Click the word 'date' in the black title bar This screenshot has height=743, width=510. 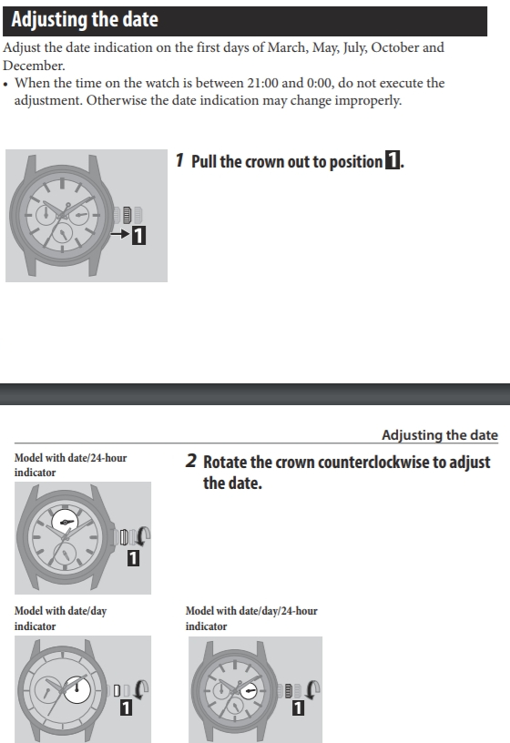point(140,19)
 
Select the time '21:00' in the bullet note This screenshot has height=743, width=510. point(262,83)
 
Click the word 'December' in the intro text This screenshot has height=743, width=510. point(34,66)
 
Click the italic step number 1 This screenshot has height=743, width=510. point(179,160)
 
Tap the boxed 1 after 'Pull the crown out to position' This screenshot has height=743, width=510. point(392,160)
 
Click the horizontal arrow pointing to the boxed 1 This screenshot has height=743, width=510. point(119,234)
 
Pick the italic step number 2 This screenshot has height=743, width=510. point(190,461)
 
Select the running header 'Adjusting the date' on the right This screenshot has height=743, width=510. point(440,435)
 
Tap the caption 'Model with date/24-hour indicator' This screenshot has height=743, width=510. point(71,465)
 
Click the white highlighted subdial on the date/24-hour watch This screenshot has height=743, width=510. point(65,522)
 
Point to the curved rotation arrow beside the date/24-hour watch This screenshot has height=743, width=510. point(144,536)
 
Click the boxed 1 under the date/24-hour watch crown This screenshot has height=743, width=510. point(133,558)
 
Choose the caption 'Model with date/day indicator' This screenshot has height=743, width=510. point(60,618)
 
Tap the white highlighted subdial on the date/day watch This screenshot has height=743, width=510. point(76,690)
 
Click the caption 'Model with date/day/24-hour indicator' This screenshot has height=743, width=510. point(251,618)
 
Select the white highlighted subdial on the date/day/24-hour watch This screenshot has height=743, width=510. point(250,691)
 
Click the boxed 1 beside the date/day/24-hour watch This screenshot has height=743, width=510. point(298,707)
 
